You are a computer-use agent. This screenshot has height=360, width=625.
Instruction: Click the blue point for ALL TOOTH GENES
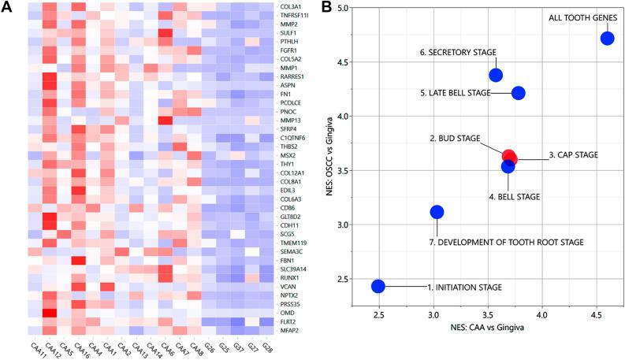607,38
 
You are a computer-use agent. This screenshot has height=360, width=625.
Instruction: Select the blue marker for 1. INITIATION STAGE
378,286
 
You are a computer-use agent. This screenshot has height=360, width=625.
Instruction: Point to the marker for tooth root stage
437,212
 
